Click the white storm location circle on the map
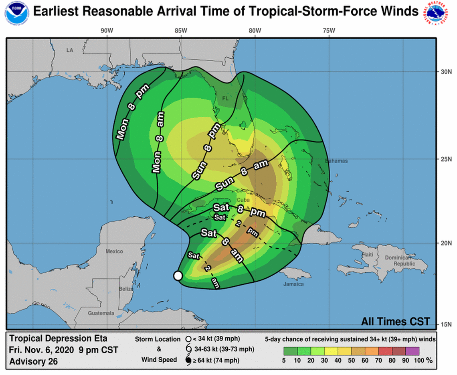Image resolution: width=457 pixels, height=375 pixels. [x=178, y=276]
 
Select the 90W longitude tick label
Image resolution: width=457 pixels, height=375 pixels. [x=107, y=30]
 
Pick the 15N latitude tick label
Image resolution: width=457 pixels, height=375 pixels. [x=446, y=324]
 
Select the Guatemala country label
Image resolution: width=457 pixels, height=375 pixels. [x=101, y=313]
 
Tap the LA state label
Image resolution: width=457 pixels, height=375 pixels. [x=70, y=50]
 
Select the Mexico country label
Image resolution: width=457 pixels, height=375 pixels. [x=114, y=251]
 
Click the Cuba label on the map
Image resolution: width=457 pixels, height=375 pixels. [x=243, y=200]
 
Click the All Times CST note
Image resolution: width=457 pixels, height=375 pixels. [x=395, y=321]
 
